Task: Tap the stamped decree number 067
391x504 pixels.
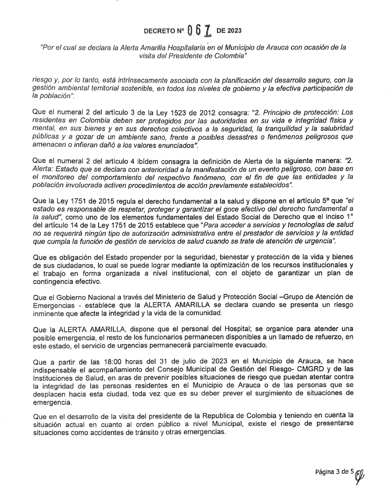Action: click(199, 31)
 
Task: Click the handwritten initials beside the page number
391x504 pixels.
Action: click(359, 472)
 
